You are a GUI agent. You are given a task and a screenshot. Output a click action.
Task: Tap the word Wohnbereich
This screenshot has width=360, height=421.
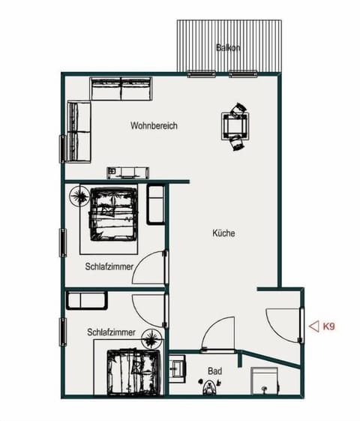pyautogui.click(x=154, y=126)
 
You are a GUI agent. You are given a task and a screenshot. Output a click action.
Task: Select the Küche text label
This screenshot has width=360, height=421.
pyautogui.click(x=223, y=233)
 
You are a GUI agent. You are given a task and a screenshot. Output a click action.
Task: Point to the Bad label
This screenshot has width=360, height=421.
pyautogui.click(x=215, y=371)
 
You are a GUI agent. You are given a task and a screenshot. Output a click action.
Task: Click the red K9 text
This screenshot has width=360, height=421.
pyautogui.click(x=328, y=326)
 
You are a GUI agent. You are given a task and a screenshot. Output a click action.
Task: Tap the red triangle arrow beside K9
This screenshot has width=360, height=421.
pyautogui.click(x=313, y=326)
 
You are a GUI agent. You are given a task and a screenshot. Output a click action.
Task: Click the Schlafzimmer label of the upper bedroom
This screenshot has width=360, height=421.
pyautogui.click(x=109, y=266)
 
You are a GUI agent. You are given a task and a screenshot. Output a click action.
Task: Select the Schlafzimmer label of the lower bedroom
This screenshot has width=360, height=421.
pyautogui.click(x=110, y=331)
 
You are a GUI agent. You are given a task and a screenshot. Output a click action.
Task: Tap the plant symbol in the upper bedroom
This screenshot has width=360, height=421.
pyautogui.click(x=79, y=197)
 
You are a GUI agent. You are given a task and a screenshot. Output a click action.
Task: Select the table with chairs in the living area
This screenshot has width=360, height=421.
pyautogui.click(x=235, y=125)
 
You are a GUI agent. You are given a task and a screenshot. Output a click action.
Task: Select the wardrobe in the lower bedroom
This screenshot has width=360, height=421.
pyautogui.click(x=88, y=301)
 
